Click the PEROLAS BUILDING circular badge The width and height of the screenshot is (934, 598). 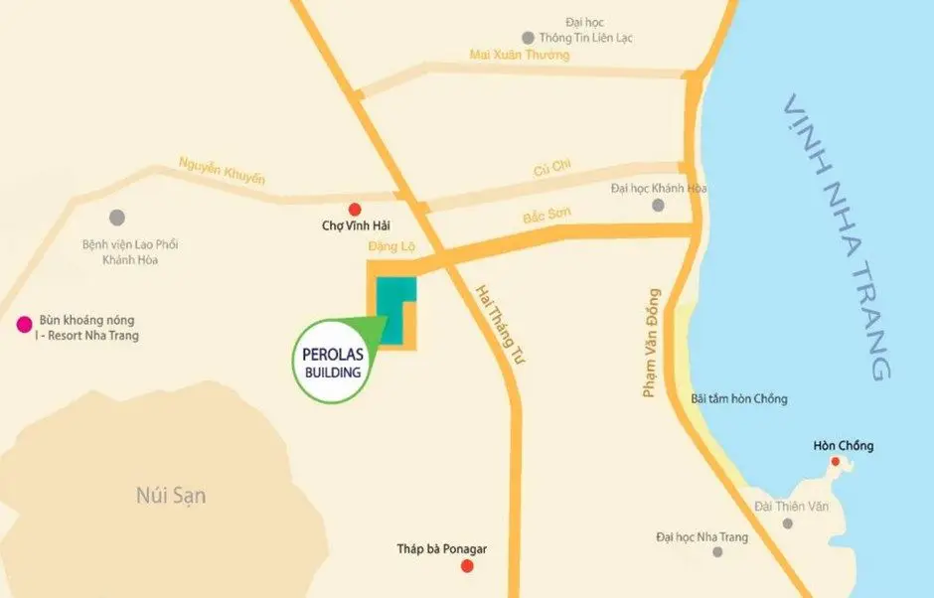pos(331,364)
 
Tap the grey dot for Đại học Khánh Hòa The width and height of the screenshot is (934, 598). pos(657,206)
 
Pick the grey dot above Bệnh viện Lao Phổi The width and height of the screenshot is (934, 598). pos(117,217)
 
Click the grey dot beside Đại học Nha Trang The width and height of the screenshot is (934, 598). pos(717,550)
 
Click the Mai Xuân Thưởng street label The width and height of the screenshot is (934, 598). pos(520,56)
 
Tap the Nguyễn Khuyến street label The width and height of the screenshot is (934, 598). pos(222,170)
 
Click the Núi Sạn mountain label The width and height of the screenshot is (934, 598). pos(171,494)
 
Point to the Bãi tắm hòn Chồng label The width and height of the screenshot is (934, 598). pos(738,398)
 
